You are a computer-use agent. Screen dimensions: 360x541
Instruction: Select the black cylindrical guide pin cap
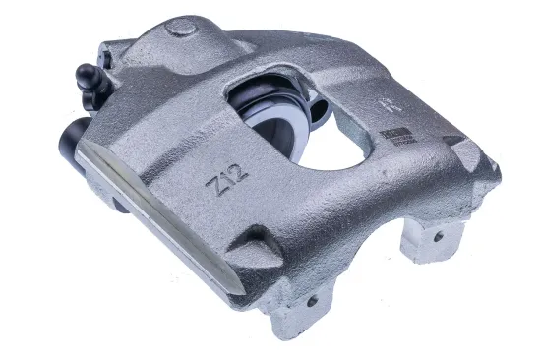pyautogui.click(x=72, y=138)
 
